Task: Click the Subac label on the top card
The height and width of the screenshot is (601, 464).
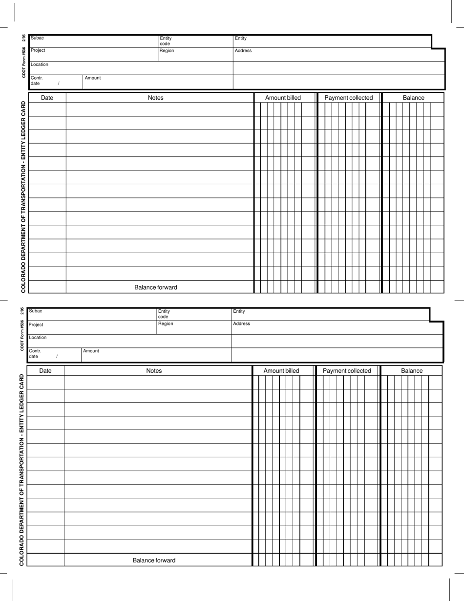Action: point(37,38)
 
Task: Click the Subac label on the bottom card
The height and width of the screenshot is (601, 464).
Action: point(35,311)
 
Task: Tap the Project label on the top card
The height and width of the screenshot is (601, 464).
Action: point(38,50)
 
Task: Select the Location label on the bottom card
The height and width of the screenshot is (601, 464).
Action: point(38,337)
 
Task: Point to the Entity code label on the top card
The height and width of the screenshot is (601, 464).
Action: point(166,41)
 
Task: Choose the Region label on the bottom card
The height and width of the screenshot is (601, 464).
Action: point(166,323)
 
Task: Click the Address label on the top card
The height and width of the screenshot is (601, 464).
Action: point(243,50)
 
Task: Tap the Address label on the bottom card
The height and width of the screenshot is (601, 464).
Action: point(241,323)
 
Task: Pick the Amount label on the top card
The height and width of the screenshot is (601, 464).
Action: point(93,78)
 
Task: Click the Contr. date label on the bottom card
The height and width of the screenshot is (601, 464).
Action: point(35,354)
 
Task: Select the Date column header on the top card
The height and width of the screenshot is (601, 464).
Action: point(47,98)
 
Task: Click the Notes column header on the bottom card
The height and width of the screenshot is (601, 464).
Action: point(154,371)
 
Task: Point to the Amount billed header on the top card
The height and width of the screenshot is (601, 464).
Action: point(283,98)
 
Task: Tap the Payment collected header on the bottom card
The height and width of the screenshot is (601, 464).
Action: point(347,371)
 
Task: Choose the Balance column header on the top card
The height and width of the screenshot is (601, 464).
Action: point(413,98)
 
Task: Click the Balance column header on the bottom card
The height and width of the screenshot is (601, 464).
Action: point(412,371)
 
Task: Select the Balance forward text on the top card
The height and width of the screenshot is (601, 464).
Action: point(156,287)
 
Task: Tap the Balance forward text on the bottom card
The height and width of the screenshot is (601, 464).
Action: point(154,560)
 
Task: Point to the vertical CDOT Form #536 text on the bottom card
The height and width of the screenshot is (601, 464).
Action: point(22,335)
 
